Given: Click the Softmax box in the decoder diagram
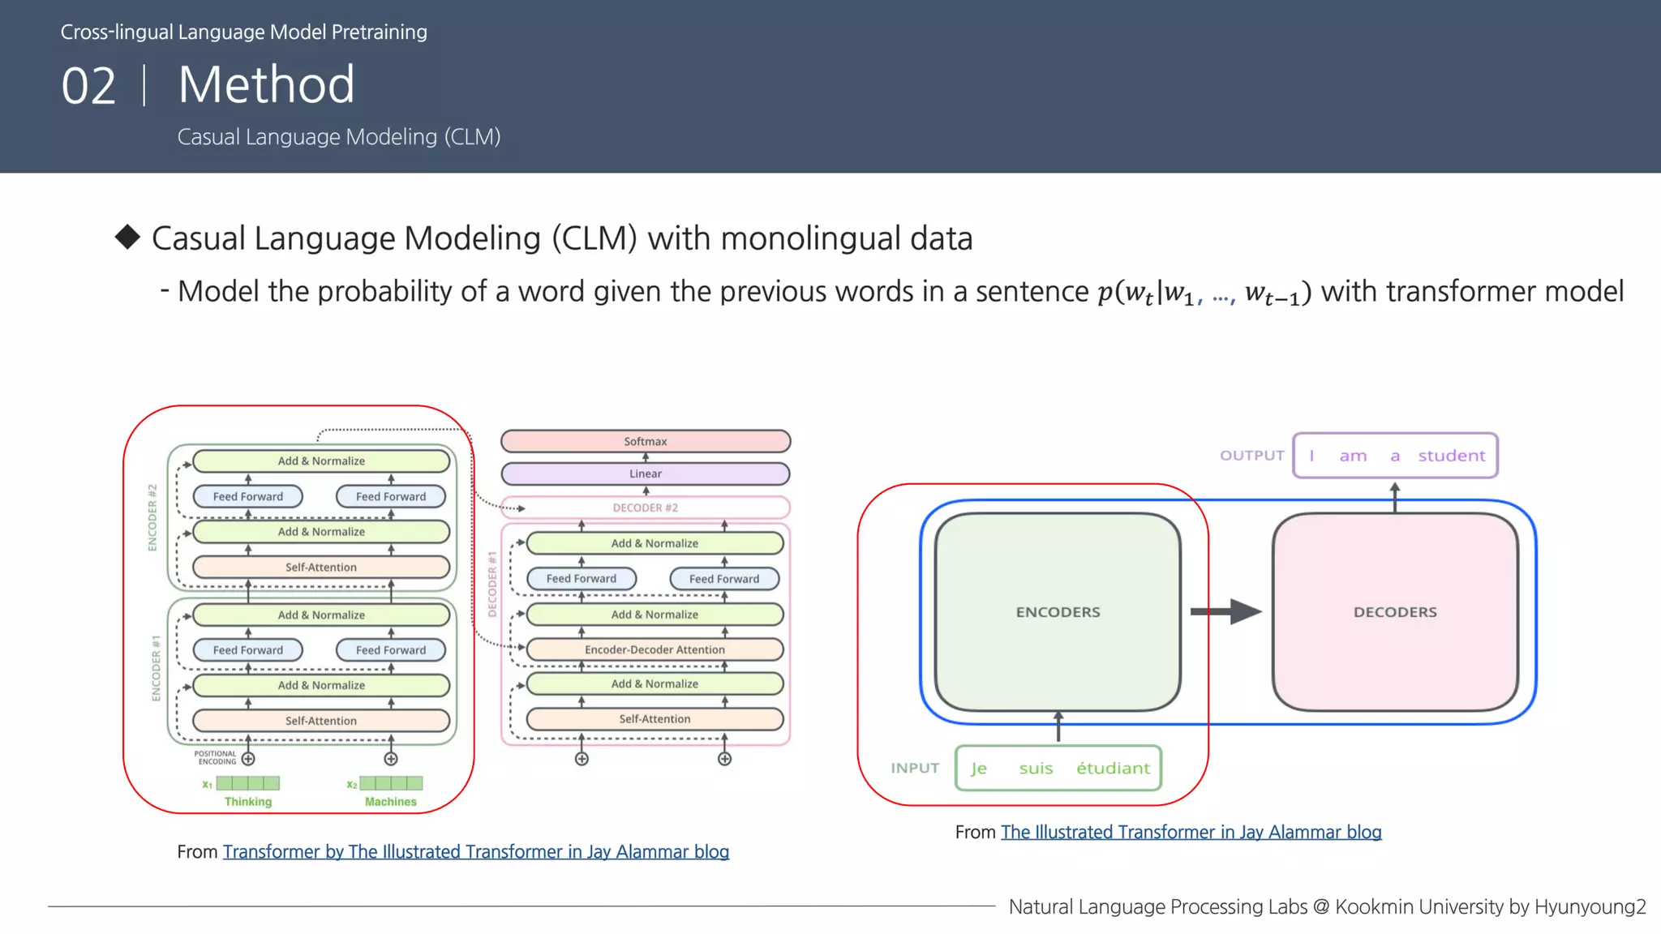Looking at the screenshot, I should (646, 441).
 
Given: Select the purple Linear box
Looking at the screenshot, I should (646, 473).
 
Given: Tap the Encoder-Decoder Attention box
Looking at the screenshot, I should (655, 649).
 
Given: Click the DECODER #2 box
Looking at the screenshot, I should (646, 508).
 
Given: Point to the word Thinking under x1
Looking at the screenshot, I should (248, 802).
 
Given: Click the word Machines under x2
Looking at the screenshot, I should (391, 802).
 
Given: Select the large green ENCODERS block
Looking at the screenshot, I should (1058, 612).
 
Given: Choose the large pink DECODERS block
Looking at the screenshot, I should (1395, 612).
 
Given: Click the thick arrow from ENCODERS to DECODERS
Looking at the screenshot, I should (1225, 611).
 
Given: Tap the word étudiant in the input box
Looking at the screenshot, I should (1113, 768).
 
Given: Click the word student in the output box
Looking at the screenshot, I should (1451, 456).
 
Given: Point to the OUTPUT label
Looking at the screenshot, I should (1251, 456).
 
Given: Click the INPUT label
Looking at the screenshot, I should (915, 768).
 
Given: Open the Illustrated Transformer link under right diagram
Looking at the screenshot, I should (1191, 832).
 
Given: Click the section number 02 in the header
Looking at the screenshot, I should (89, 86).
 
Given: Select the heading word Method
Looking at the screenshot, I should (266, 84).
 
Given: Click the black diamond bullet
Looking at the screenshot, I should (127, 237).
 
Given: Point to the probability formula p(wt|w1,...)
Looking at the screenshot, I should (1204, 293).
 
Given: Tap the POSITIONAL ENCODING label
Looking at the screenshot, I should (216, 757).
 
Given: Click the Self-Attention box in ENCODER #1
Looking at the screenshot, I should (321, 720).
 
